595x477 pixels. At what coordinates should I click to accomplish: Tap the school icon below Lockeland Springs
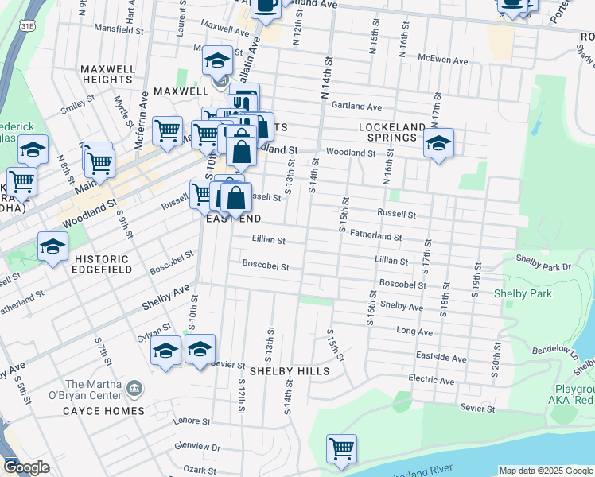pos(438,145)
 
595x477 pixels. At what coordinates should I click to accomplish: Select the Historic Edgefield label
pos(101,266)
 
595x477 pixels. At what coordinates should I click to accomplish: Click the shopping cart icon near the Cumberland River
pos(342,448)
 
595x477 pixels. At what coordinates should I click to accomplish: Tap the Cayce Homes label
pos(106,411)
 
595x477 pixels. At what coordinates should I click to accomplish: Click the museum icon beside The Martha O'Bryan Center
pos(135,389)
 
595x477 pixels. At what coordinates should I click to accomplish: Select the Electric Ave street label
pos(430,381)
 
